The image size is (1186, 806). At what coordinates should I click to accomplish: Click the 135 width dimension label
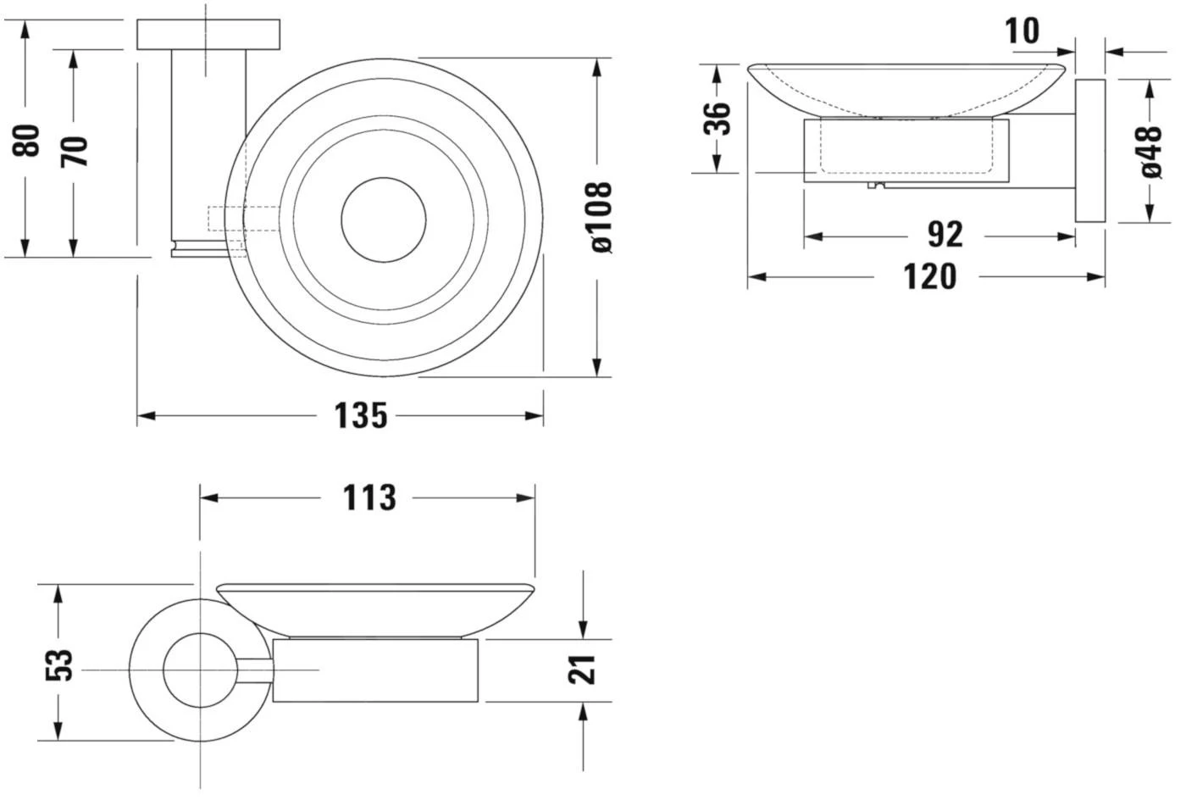359,416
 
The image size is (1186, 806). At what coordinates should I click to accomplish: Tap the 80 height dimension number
27,141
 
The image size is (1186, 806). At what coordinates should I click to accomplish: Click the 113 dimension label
369,498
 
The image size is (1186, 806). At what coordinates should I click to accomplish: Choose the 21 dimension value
584,669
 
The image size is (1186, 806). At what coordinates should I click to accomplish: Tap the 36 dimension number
718,118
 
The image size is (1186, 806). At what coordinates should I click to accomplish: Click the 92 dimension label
945,236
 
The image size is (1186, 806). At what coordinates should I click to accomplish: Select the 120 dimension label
929,277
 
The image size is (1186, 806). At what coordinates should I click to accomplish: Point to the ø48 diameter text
1150,152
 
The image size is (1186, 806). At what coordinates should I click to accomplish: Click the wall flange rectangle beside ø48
1090,151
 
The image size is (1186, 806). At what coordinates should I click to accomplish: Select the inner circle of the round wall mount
199,670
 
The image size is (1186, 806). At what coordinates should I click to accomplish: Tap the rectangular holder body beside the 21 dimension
375,670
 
